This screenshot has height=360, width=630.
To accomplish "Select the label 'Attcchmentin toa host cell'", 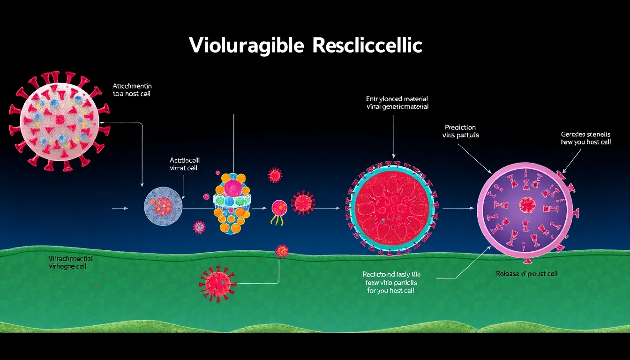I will (132, 90).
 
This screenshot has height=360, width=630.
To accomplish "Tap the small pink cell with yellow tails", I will (279, 207).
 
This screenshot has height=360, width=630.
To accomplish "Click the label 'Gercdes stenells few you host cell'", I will (585, 138).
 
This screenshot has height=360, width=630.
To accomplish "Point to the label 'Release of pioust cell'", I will (527, 273).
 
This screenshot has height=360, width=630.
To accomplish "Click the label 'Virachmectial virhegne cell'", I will (70, 262).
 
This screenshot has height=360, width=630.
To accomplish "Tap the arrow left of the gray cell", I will (120, 207).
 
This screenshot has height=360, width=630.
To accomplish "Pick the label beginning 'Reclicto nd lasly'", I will (390, 282).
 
